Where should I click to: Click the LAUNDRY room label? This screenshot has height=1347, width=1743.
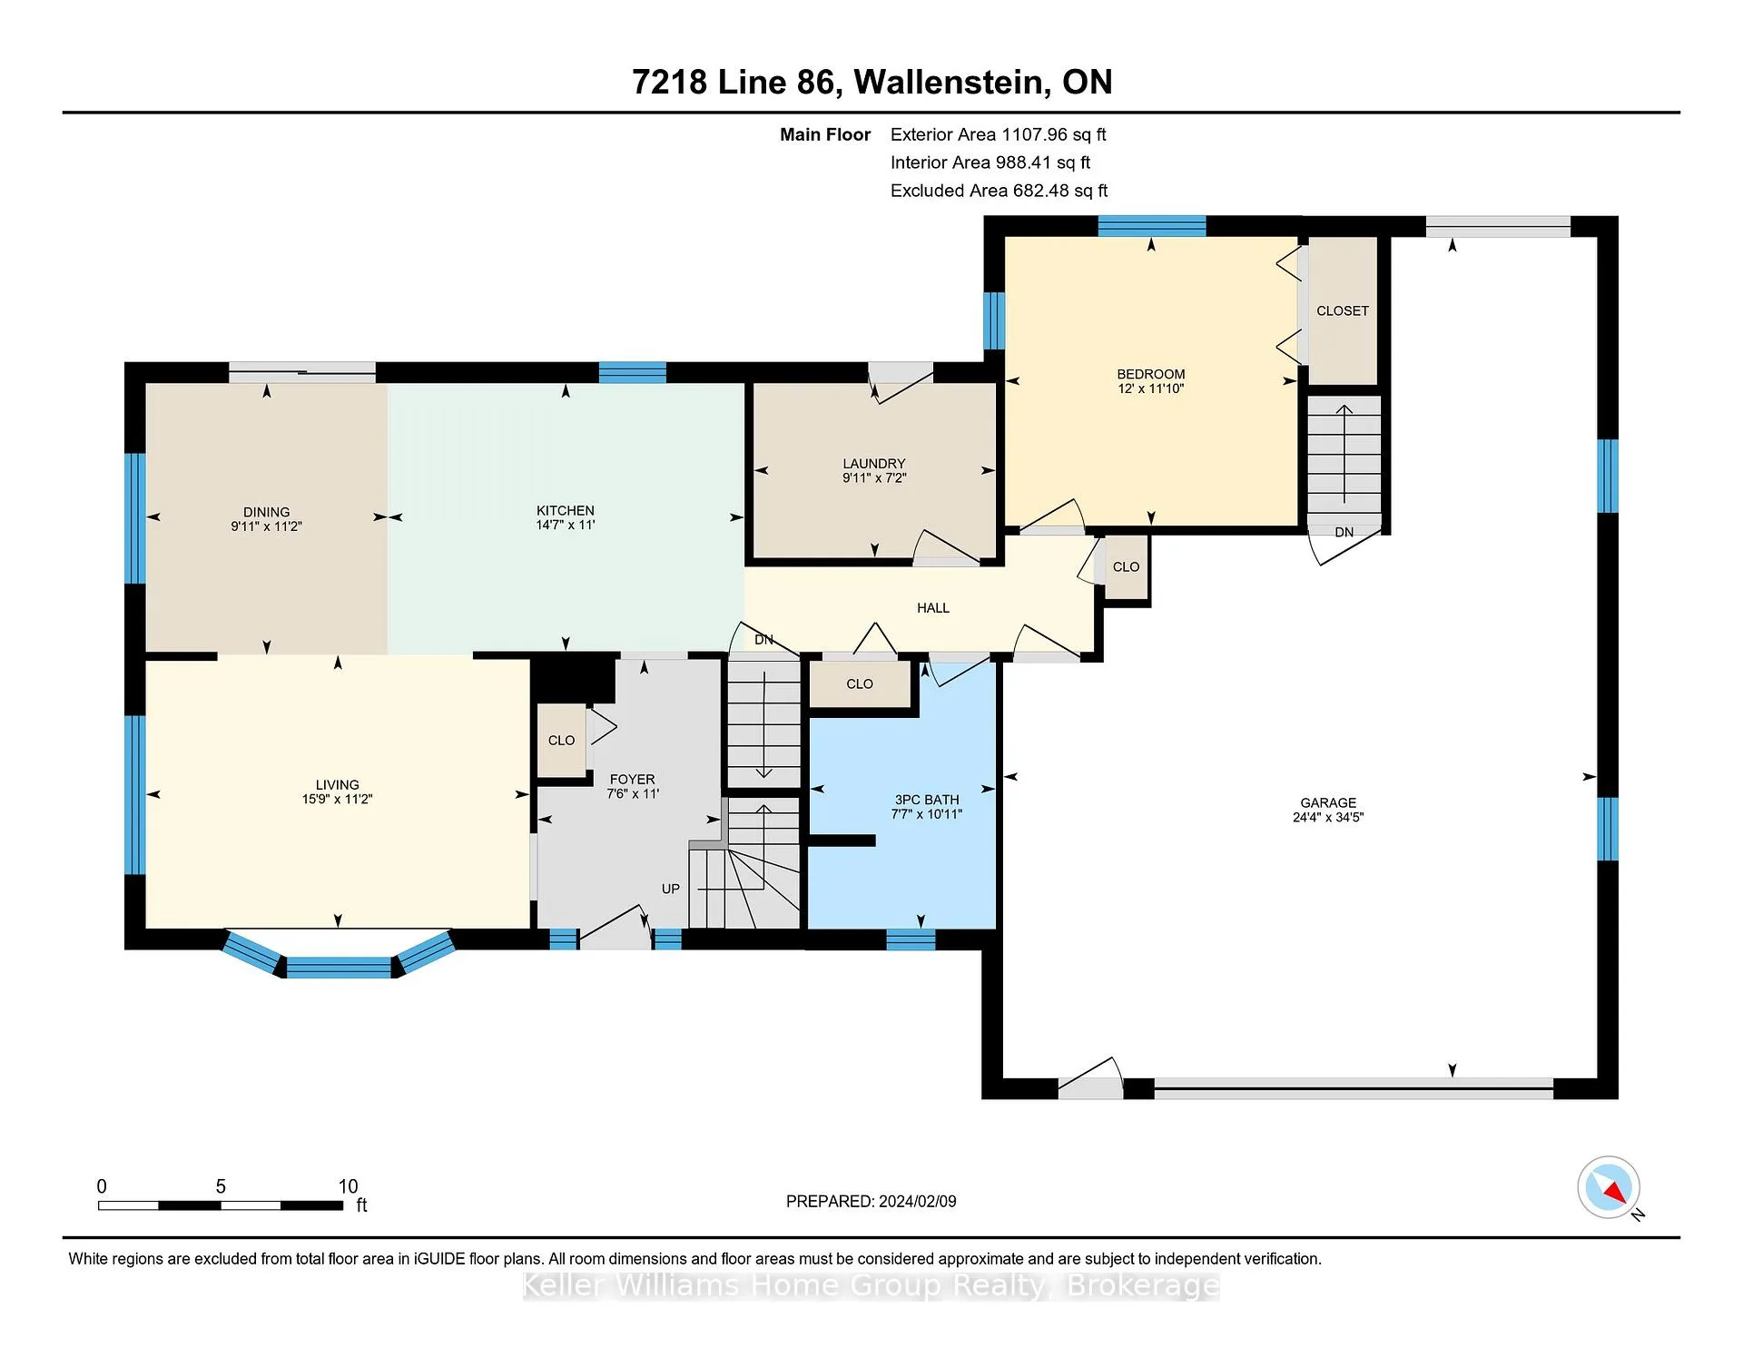pos(874,463)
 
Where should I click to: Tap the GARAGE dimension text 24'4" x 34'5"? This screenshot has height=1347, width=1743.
pos(1328,817)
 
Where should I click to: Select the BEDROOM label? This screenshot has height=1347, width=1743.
pos(1151,374)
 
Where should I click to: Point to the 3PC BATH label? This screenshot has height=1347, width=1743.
pos(927,800)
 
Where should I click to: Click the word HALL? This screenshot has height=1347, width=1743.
pos(933,608)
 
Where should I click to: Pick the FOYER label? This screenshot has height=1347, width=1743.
pos(633,779)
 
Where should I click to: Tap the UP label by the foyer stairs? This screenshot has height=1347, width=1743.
pos(671,889)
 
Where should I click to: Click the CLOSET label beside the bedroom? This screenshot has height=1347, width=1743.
pos(1343,310)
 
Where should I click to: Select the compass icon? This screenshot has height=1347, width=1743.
pos(1609,1187)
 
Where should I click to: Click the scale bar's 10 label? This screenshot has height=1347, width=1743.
pos(349,1186)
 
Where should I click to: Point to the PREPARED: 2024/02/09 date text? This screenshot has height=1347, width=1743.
pos(871,1201)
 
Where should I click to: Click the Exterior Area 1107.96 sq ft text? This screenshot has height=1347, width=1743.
pos(999,134)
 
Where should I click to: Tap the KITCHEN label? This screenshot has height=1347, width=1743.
pos(566,510)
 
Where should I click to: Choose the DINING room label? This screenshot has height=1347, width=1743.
pos(266,512)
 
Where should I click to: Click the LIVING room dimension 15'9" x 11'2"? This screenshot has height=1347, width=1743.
pos(338,799)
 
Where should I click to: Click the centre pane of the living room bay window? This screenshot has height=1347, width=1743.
pos(339,968)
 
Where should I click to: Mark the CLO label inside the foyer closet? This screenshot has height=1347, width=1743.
pos(562,741)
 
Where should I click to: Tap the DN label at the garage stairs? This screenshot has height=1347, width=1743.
pos(1344,532)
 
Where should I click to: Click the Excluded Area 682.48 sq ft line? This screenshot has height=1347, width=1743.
pos(1000,191)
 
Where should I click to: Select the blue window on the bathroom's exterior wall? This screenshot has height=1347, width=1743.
pos(911,940)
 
